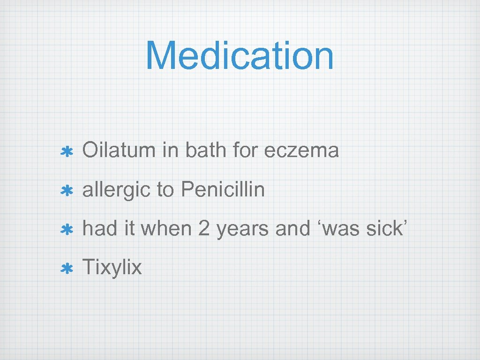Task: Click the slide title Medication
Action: pyautogui.click(x=240, y=56)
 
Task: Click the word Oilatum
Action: pyautogui.click(x=119, y=151)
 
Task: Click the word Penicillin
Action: pyautogui.click(x=223, y=190)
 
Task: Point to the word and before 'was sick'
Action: pyautogui.click(x=292, y=229)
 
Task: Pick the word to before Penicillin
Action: pyautogui.click(x=165, y=190)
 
